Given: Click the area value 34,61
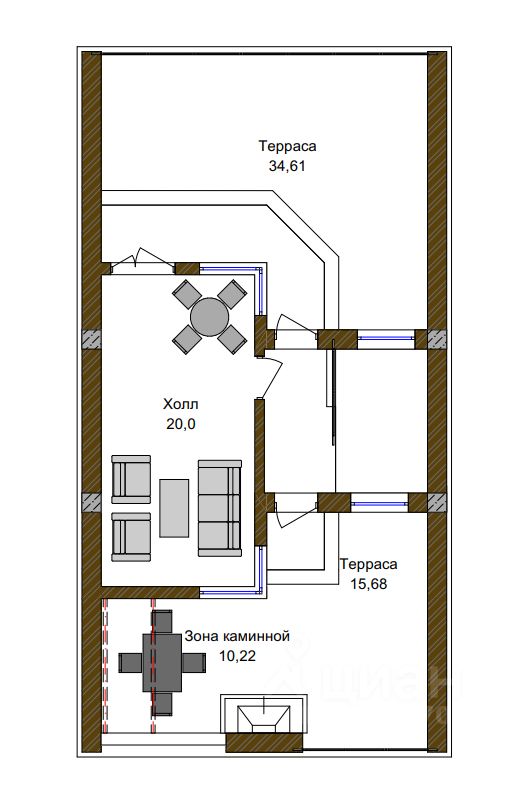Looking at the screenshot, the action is [x=287, y=166].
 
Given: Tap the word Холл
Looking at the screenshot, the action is [x=181, y=404].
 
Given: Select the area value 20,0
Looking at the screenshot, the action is [x=181, y=424].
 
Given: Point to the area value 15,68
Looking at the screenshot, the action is [x=369, y=584].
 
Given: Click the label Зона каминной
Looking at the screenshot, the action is [x=237, y=636].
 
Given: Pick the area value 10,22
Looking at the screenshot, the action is [x=238, y=656].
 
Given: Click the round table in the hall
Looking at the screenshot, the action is [x=210, y=317].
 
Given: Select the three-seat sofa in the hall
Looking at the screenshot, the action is [x=220, y=508].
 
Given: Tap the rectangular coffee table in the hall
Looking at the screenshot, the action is [x=174, y=508].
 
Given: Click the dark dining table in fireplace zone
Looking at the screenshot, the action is [x=162, y=663].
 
